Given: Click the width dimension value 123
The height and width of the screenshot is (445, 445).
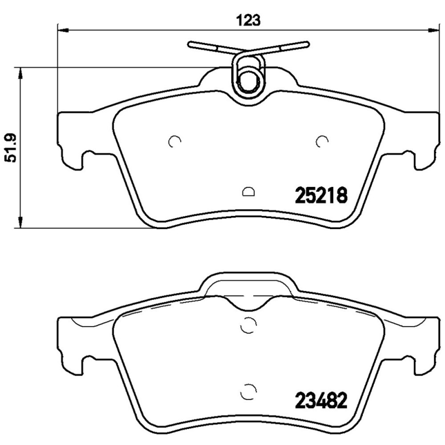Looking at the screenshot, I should [250, 21].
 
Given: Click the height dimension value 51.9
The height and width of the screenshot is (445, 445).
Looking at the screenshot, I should [9, 147].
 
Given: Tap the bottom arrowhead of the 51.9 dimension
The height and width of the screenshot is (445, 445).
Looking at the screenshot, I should [21, 224].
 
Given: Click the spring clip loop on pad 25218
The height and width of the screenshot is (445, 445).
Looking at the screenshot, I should [248, 78].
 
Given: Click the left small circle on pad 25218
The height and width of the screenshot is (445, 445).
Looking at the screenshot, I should [174, 141].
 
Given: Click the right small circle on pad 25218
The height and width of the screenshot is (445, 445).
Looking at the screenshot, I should [321, 141].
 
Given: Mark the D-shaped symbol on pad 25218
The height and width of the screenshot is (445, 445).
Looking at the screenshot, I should [248, 192].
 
